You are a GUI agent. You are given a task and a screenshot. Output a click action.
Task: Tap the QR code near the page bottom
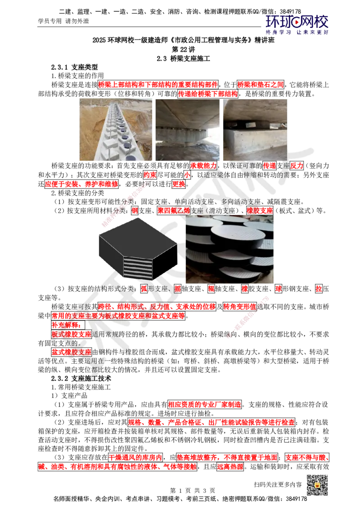coord(317,485)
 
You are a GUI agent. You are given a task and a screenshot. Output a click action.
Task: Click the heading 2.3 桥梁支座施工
coord(183,59)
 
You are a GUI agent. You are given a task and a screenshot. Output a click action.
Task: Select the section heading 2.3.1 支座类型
coord(74,67)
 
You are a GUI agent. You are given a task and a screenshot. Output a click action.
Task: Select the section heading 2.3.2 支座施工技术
coord(81,379)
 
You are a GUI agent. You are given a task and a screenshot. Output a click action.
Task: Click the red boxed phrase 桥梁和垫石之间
coord(261,85)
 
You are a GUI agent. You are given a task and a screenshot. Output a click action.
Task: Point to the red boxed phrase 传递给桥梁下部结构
coord(208,94)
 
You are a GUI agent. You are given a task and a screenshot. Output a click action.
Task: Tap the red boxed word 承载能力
coord(203,165)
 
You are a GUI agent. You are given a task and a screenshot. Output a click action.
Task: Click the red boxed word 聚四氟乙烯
coord(174,211)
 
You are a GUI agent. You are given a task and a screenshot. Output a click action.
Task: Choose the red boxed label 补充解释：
coord(68,325)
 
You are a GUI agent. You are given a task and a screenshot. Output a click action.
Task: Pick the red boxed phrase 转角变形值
coord(240,307)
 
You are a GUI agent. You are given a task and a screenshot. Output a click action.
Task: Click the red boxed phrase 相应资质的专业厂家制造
coord(205,405)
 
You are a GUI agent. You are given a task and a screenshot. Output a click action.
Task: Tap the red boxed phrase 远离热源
coord(230,467)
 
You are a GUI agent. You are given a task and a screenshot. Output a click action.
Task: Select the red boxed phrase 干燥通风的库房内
coord(135,458)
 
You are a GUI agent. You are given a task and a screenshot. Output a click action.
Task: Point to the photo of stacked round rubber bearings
coord(229,249)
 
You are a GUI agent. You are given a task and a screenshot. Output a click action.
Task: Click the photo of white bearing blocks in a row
coord(116,129)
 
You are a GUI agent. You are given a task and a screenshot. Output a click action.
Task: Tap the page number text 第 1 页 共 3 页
coord(192,491)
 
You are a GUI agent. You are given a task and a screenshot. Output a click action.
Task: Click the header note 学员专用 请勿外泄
coord(63,22)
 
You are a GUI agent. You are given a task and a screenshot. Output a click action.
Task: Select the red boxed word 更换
coord(179,184)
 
